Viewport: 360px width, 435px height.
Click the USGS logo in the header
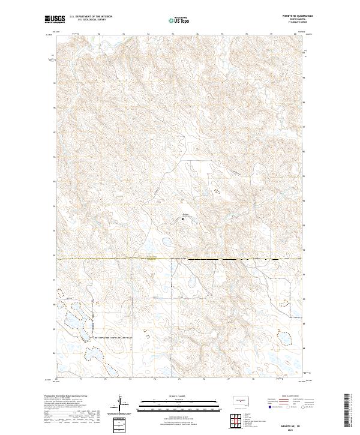[x=55, y=20]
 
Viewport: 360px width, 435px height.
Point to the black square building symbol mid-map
[x=183, y=219]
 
